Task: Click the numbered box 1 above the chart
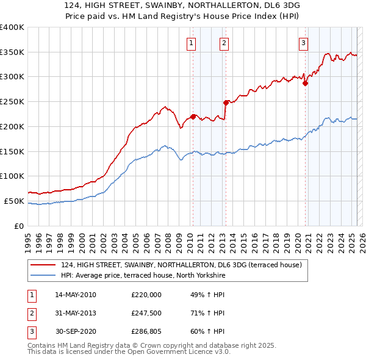[x=192, y=43]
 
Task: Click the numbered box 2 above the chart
[x=224, y=43]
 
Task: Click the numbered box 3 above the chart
[x=303, y=43]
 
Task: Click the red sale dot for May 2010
[x=193, y=116]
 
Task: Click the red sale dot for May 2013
[x=226, y=103]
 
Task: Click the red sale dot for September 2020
[x=305, y=84]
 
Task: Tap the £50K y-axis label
[x=14, y=201]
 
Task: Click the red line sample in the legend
[x=43, y=265]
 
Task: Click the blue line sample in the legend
[x=43, y=275]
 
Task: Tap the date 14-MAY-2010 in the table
[x=76, y=295]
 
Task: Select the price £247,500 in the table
[x=146, y=314]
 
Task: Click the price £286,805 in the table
[x=146, y=333]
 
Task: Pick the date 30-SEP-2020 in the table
[x=76, y=333]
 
